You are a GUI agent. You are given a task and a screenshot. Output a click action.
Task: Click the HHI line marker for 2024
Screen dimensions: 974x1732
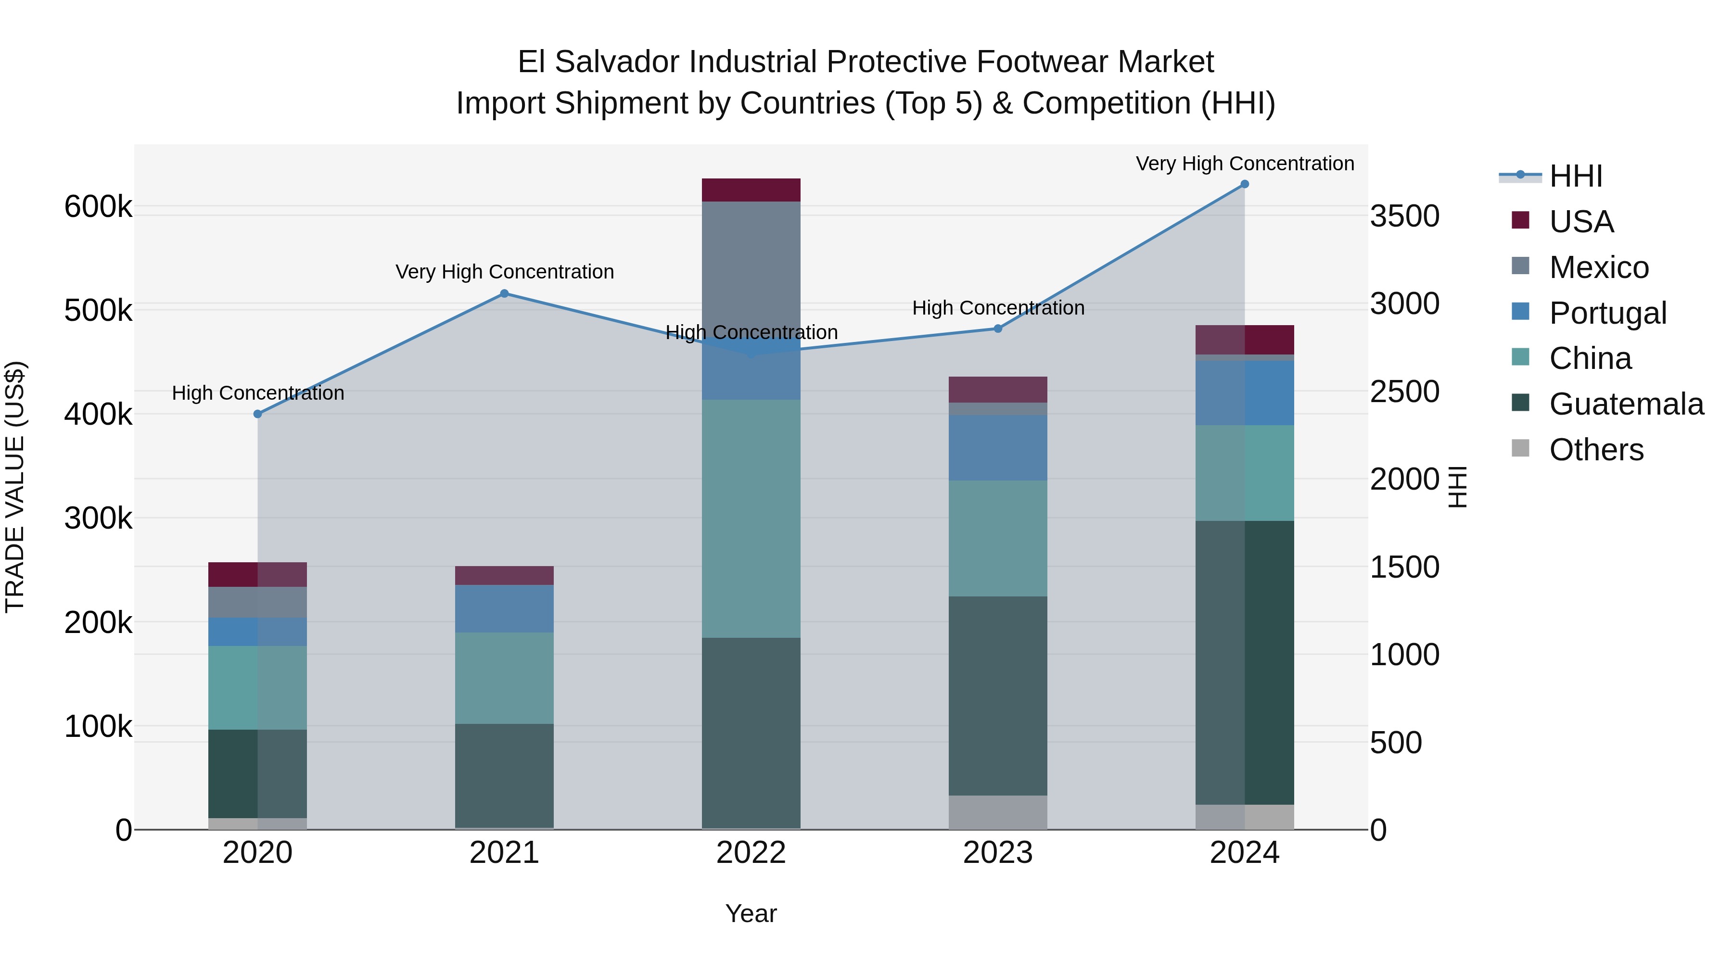pyautogui.click(x=1245, y=184)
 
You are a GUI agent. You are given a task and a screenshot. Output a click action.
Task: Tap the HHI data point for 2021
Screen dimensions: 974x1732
pyautogui.click(x=504, y=294)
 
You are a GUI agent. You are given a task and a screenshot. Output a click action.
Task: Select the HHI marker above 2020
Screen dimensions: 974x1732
pyautogui.click(x=257, y=414)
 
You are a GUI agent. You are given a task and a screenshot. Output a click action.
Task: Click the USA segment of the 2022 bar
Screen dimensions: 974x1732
pyautogui.click(x=751, y=190)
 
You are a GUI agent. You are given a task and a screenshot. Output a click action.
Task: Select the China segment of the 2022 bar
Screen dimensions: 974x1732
pyautogui.click(x=751, y=518)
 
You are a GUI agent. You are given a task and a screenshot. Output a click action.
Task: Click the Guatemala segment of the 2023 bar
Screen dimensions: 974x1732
pyautogui.click(x=998, y=696)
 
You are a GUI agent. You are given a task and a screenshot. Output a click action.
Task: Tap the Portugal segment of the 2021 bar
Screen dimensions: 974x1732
pyautogui.click(x=504, y=608)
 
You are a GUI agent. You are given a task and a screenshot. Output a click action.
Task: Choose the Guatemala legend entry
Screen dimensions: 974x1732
pyautogui.click(x=1626, y=404)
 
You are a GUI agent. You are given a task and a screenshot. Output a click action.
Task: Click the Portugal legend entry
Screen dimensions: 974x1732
pyautogui.click(x=1607, y=313)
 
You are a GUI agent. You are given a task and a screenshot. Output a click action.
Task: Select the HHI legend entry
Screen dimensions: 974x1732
pyautogui.click(x=1575, y=176)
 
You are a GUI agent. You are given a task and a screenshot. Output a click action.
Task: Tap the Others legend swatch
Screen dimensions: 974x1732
pyautogui.click(x=1520, y=448)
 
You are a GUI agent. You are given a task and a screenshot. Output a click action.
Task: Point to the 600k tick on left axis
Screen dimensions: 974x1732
pyautogui.click(x=98, y=206)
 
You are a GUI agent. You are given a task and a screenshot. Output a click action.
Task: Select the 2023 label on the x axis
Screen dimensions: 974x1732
pyautogui.click(x=998, y=853)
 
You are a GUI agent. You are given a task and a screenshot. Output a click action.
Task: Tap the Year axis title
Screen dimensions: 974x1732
pyautogui.click(x=751, y=913)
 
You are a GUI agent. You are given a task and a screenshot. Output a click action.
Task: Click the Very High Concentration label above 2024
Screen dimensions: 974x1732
pyautogui.click(x=1245, y=164)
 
